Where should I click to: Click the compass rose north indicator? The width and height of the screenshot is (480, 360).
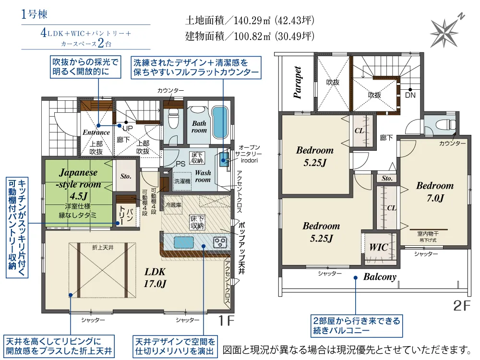coord(446,30)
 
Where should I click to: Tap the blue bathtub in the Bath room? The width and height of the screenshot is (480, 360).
coord(220,122)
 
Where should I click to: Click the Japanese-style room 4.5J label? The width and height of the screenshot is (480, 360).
coord(78,184)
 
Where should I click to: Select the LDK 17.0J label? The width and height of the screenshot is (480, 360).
coord(155,277)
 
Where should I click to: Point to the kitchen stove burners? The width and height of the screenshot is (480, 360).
coord(220,242)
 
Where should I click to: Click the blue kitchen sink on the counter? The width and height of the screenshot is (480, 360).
coord(184,242)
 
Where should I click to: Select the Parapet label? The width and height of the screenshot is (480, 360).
coord(297,82)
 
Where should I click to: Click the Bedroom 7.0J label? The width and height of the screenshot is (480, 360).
coord(435,192)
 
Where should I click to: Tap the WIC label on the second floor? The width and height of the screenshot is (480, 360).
coord(379,247)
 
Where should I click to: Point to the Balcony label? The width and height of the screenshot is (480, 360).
coord(380,277)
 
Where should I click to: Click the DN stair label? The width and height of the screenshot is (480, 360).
coord(410,95)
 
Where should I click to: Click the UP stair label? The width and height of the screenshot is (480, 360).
coord(128,128)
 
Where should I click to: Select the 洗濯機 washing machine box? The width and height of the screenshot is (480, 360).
coord(182,181)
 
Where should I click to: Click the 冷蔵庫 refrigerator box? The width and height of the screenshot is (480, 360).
coord(173,205)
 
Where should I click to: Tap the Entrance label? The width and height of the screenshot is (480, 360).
coord(96,132)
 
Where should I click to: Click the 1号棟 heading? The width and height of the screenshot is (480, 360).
coord(34,14)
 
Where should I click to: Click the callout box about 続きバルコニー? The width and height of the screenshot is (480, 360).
coord(357,326)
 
